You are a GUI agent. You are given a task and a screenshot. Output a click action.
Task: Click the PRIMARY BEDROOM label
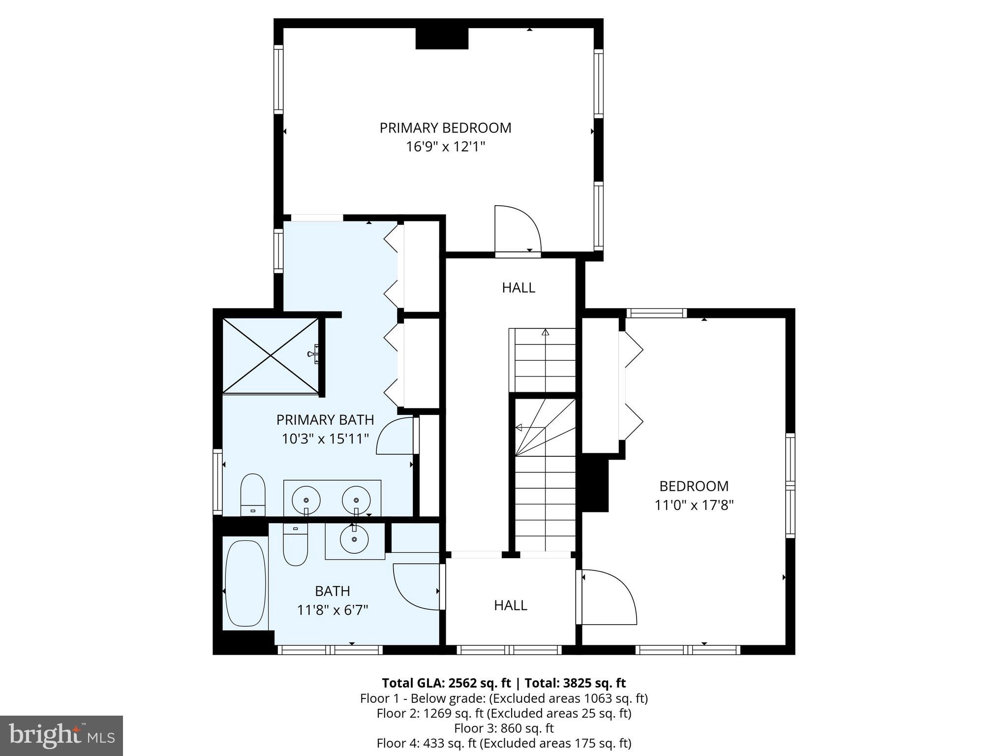pyautogui.click(x=445, y=128)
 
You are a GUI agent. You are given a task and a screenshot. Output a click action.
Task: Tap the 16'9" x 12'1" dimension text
pyautogui.click(x=445, y=147)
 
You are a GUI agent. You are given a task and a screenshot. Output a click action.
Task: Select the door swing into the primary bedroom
pyautogui.click(x=517, y=229)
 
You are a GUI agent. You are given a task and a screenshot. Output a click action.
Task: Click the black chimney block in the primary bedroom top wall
pyautogui.click(x=441, y=38)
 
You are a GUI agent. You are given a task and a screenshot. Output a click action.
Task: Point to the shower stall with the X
pyautogui.click(x=270, y=355)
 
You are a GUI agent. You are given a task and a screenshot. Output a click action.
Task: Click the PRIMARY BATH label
pyautogui.click(x=325, y=420)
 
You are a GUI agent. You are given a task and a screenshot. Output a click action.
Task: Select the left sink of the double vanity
pyautogui.click(x=306, y=500)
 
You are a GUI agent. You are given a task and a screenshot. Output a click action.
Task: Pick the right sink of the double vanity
pyautogui.click(x=356, y=500)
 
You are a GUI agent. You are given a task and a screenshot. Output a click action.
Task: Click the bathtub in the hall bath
pyautogui.click(x=245, y=584)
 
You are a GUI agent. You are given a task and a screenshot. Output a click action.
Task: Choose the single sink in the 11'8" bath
pyautogui.click(x=354, y=539)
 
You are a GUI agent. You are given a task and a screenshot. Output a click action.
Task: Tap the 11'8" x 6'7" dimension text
pyautogui.click(x=333, y=610)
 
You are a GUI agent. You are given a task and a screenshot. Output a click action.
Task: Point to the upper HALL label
pyautogui.click(x=519, y=288)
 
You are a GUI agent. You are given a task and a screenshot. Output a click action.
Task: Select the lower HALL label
pyautogui.click(x=511, y=605)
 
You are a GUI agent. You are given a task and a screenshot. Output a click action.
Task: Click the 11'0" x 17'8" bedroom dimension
pyautogui.click(x=694, y=505)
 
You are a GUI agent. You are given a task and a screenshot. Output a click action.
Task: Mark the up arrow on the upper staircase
pyautogui.click(x=545, y=333)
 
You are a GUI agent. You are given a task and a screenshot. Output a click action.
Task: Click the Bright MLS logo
pyautogui.click(x=61, y=736)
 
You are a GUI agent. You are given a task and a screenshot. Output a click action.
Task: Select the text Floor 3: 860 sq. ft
pyautogui.click(x=504, y=728)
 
